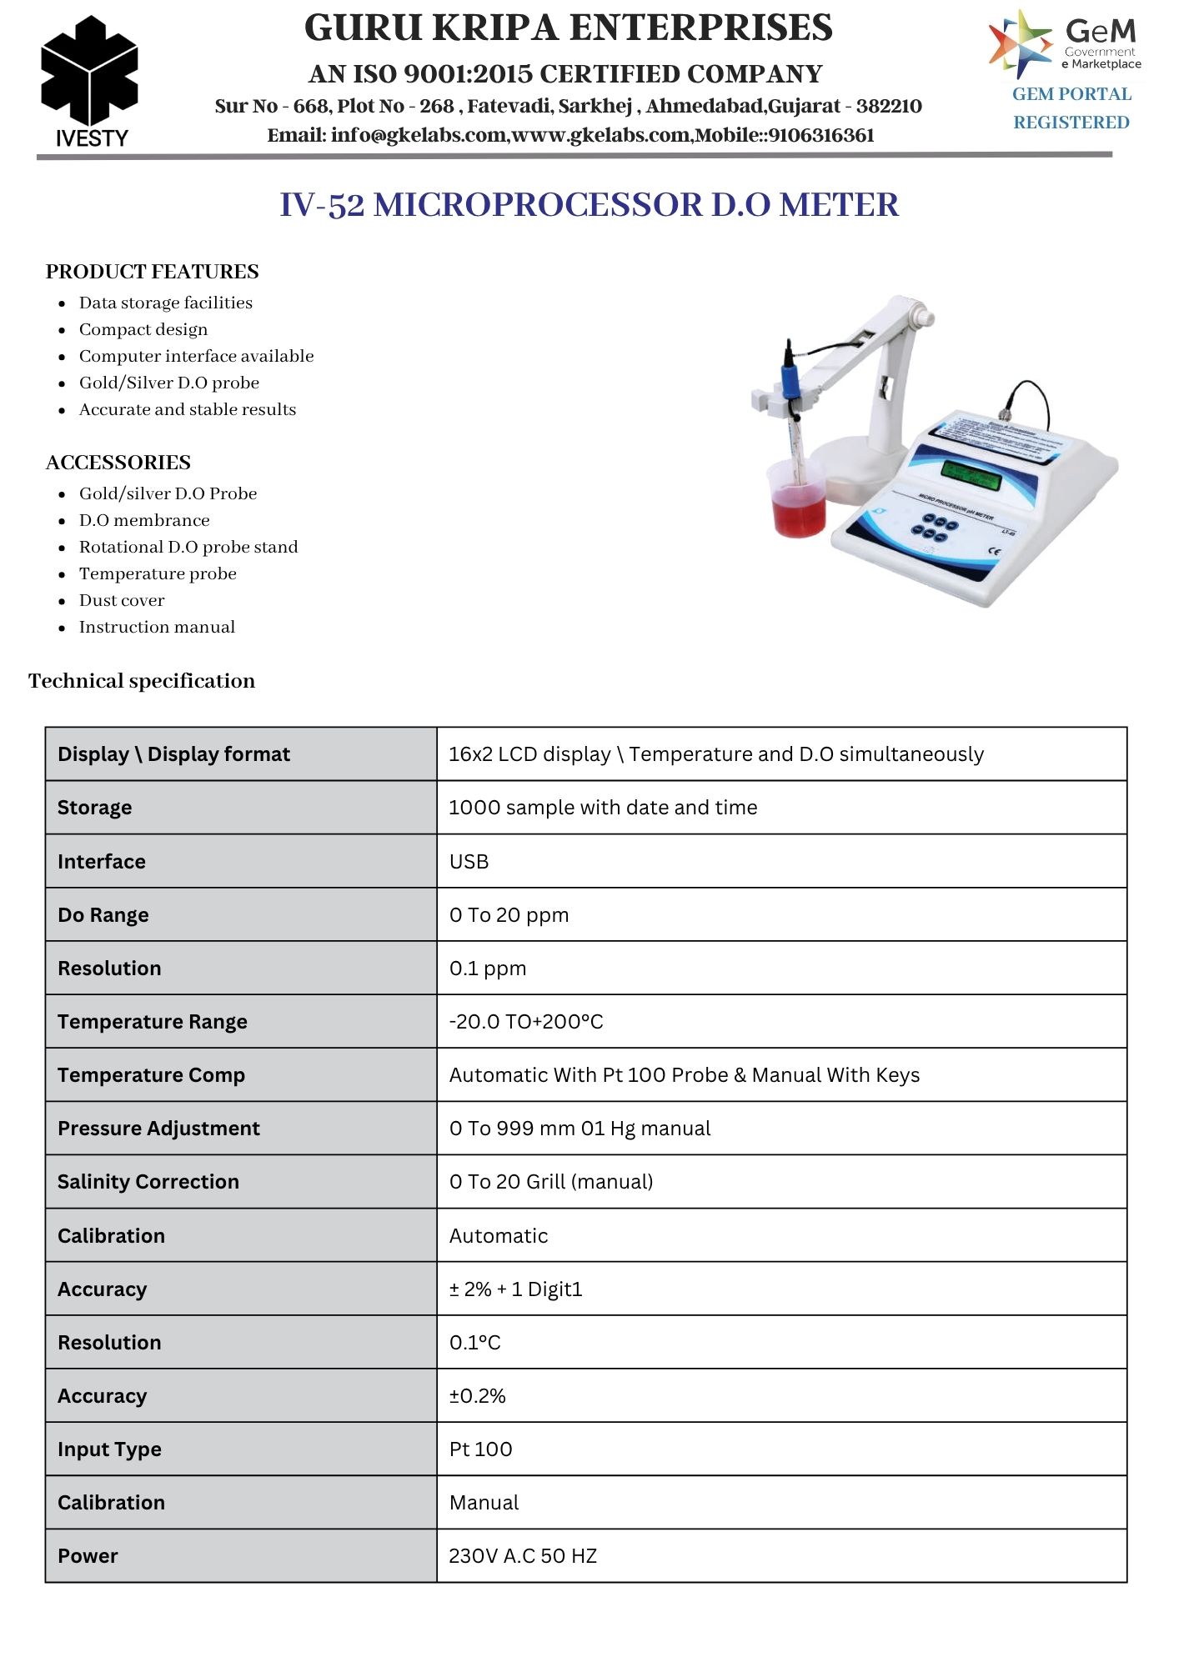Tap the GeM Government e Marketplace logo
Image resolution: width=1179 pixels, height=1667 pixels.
click(1065, 43)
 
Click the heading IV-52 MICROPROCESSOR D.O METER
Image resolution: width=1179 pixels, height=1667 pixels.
click(589, 205)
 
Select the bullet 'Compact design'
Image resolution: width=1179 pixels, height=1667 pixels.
click(143, 329)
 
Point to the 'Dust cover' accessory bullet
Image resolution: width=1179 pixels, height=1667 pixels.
click(122, 600)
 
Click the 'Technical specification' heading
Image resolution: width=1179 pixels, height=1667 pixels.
click(142, 681)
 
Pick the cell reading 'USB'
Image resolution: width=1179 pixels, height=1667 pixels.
click(469, 861)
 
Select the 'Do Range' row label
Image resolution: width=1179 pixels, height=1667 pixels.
click(103, 914)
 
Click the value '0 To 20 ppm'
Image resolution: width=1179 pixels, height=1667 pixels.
click(509, 914)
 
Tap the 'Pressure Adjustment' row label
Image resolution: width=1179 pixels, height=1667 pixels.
click(158, 1128)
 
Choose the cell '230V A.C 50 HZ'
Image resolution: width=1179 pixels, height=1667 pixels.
click(523, 1555)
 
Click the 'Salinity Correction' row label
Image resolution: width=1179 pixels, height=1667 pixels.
click(148, 1181)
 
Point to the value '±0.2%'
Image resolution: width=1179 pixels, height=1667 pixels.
click(477, 1395)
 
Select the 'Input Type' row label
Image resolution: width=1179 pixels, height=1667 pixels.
click(109, 1449)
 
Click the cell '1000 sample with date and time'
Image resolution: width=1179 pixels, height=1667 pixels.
click(603, 807)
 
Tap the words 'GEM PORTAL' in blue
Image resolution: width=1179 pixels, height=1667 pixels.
click(1071, 94)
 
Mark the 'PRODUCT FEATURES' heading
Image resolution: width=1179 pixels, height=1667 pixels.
click(152, 272)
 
